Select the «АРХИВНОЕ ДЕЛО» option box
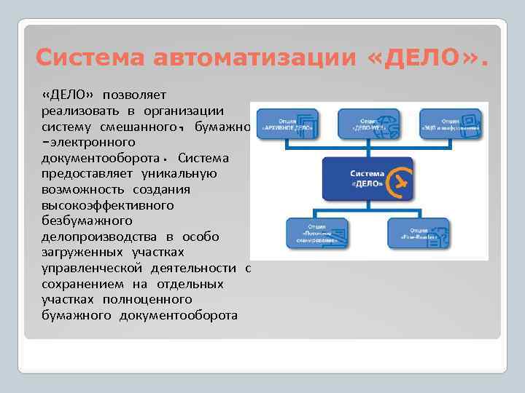pyautogui.click(x=286, y=122)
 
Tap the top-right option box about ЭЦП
pyautogui.click(x=452, y=122)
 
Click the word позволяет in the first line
pyautogui.click(x=135, y=95)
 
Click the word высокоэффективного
pyautogui.click(x=108, y=205)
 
